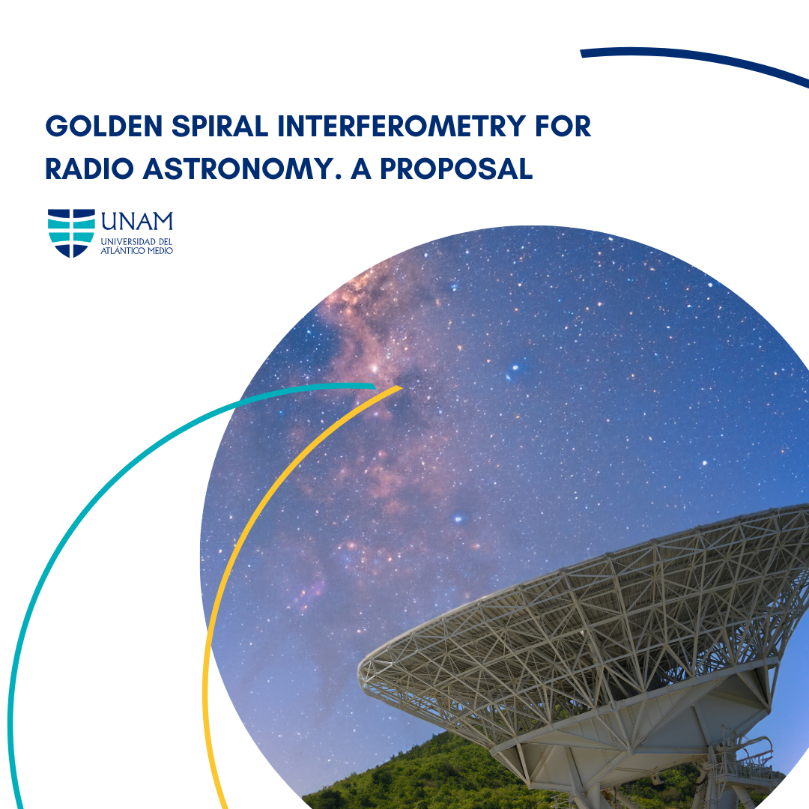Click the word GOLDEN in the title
tap(103, 126)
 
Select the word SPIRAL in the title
tap(219, 126)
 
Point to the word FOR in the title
tap(563, 126)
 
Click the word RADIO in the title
tap(89, 169)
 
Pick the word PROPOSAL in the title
tap(456, 169)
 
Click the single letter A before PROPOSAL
tap(361, 169)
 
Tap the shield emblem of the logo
tap(71, 233)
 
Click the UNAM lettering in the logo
tap(137, 221)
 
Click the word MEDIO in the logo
tap(160, 251)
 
